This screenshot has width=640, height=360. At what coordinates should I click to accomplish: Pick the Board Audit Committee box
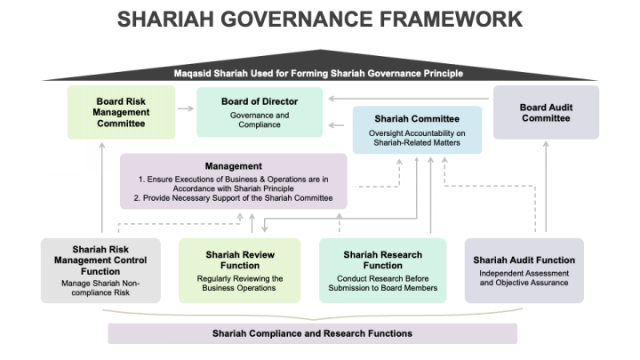tap(546, 112)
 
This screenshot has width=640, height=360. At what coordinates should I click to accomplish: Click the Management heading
tap(233, 166)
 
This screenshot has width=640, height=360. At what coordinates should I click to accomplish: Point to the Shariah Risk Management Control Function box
tap(100, 270)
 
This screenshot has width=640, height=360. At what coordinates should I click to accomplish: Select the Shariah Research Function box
tap(383, 270)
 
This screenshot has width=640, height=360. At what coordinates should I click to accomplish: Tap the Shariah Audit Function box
tap(524, 270)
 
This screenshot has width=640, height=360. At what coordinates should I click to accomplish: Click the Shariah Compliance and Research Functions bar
tap(312, 333)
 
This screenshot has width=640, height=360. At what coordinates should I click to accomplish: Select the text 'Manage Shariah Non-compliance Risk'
tap(100, 287)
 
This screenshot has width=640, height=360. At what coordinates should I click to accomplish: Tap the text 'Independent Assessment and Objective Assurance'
tap(524, 277)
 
